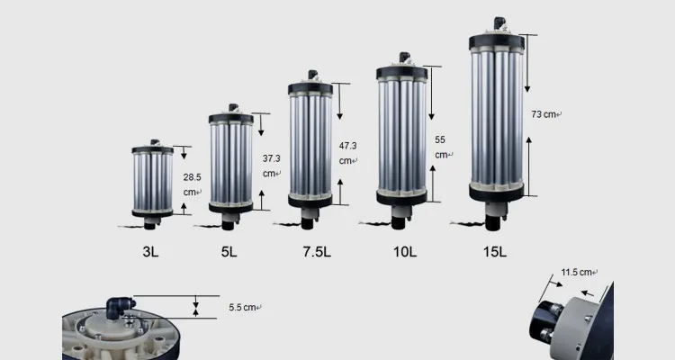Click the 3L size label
[x=150, y=252]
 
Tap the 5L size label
[x=229, y=252]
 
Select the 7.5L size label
[x=317, y=252]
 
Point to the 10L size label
[x=405, y=252]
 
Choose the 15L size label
[x=495, y=252]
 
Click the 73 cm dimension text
[x=544, y=114]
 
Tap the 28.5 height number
[x=192, y=177]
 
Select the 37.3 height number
[x=271, y=158]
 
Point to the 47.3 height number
[x=347, y=146]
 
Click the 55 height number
[x=440, y=140]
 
